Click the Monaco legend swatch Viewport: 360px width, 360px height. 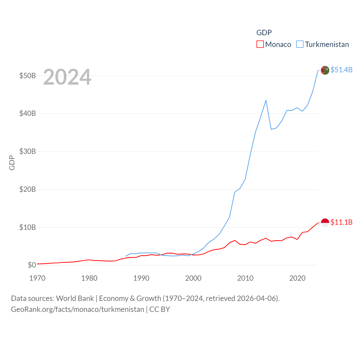[x=260, y=44]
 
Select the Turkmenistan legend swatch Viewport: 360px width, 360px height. [x=300, y=44]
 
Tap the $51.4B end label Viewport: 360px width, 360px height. [x=341, y=70]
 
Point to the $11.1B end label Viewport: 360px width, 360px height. [x=341, y=222]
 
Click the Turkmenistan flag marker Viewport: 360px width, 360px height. [x=325, y=70]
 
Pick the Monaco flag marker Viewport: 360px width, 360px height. [x=325, y=223]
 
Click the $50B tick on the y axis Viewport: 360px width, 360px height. [x=28, y=76]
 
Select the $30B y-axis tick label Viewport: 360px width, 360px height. [x=28, y=151]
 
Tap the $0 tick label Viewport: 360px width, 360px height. [x=32, y=265]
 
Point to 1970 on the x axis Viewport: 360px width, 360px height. [x=37, y=278]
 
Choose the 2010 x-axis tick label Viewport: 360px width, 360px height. [x=245, y=278]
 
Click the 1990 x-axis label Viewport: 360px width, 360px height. [x=141, y=278]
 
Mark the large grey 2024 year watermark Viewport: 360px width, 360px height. [x=67, y=77]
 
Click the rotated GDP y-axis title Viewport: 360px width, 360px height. [x=12, y=163]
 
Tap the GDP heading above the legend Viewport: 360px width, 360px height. [x=264, y=33]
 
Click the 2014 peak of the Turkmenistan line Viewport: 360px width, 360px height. [x=266, y=100]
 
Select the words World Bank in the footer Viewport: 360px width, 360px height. [x=75, y=298]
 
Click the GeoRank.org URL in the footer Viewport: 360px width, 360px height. [x=78, y=309]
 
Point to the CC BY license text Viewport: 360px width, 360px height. [x=159, y=309]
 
